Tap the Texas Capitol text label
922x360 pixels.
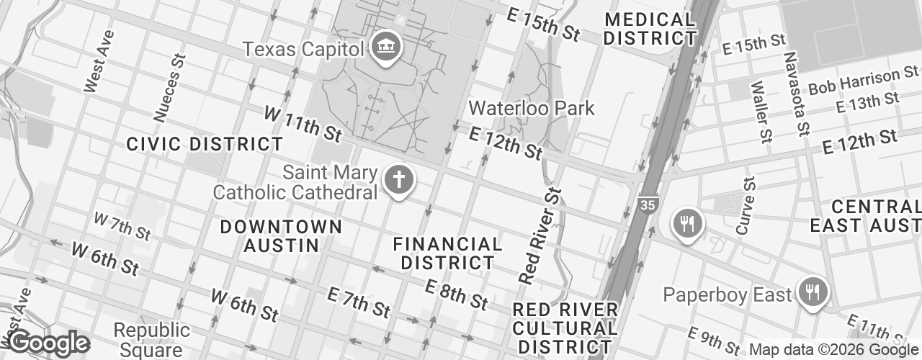tap(303, 49)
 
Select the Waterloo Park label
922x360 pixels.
tap(532, 109)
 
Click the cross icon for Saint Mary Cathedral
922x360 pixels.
tap(398, 180)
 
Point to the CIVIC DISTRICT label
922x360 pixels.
tap(205, 144)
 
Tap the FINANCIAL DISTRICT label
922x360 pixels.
tap(447, 253)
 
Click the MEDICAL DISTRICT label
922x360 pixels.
tap(650, 29)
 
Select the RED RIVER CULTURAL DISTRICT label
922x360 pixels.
tap(565, 328)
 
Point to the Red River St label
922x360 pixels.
tap(540, 236)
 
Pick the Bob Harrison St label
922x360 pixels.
tap(864, 81)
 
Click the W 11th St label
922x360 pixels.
tap(303, 123)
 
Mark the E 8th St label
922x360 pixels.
tap(456, 295)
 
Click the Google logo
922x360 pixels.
tap(48, 343)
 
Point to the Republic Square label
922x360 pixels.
tap(152, 341)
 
